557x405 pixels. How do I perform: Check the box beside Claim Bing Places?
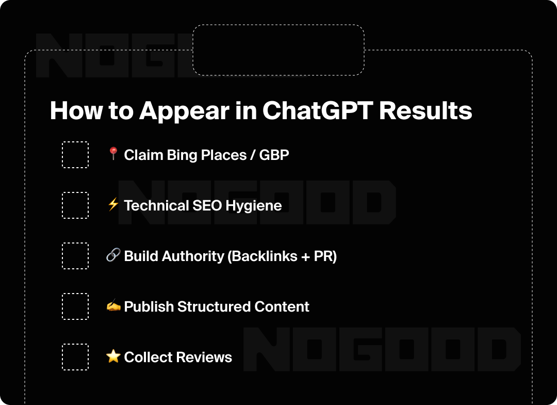[75, 155]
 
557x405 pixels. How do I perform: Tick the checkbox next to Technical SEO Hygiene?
[75, 205]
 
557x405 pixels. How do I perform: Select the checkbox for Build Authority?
[75, 256]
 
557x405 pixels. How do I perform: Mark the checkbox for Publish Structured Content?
[75, 306]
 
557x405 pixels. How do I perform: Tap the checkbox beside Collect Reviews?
[75, 357]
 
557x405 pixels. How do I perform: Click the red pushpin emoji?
[113, 153]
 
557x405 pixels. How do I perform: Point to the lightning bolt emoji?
[113, 205]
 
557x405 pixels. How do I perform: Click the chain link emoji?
[113, 255]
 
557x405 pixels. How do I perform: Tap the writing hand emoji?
[113, 306]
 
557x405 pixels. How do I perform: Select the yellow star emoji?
[113, 356]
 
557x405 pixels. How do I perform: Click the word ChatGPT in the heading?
[318, 110]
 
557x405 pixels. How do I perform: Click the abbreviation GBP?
[274, 155]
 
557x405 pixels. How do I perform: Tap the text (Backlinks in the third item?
[262, 256]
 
